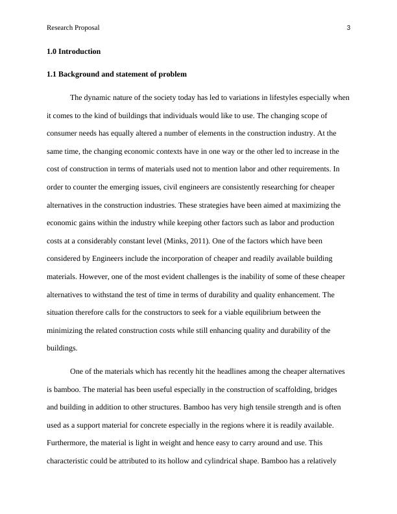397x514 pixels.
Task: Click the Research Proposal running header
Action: (x=73, y=28)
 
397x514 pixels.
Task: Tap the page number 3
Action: (x=348, y=28)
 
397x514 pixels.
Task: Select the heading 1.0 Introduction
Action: (x=73, y=51)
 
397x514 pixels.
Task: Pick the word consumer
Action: (x=63, y=133)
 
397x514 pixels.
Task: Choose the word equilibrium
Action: (x=276, y=312)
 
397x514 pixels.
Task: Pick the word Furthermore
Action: (x=69, y=443)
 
